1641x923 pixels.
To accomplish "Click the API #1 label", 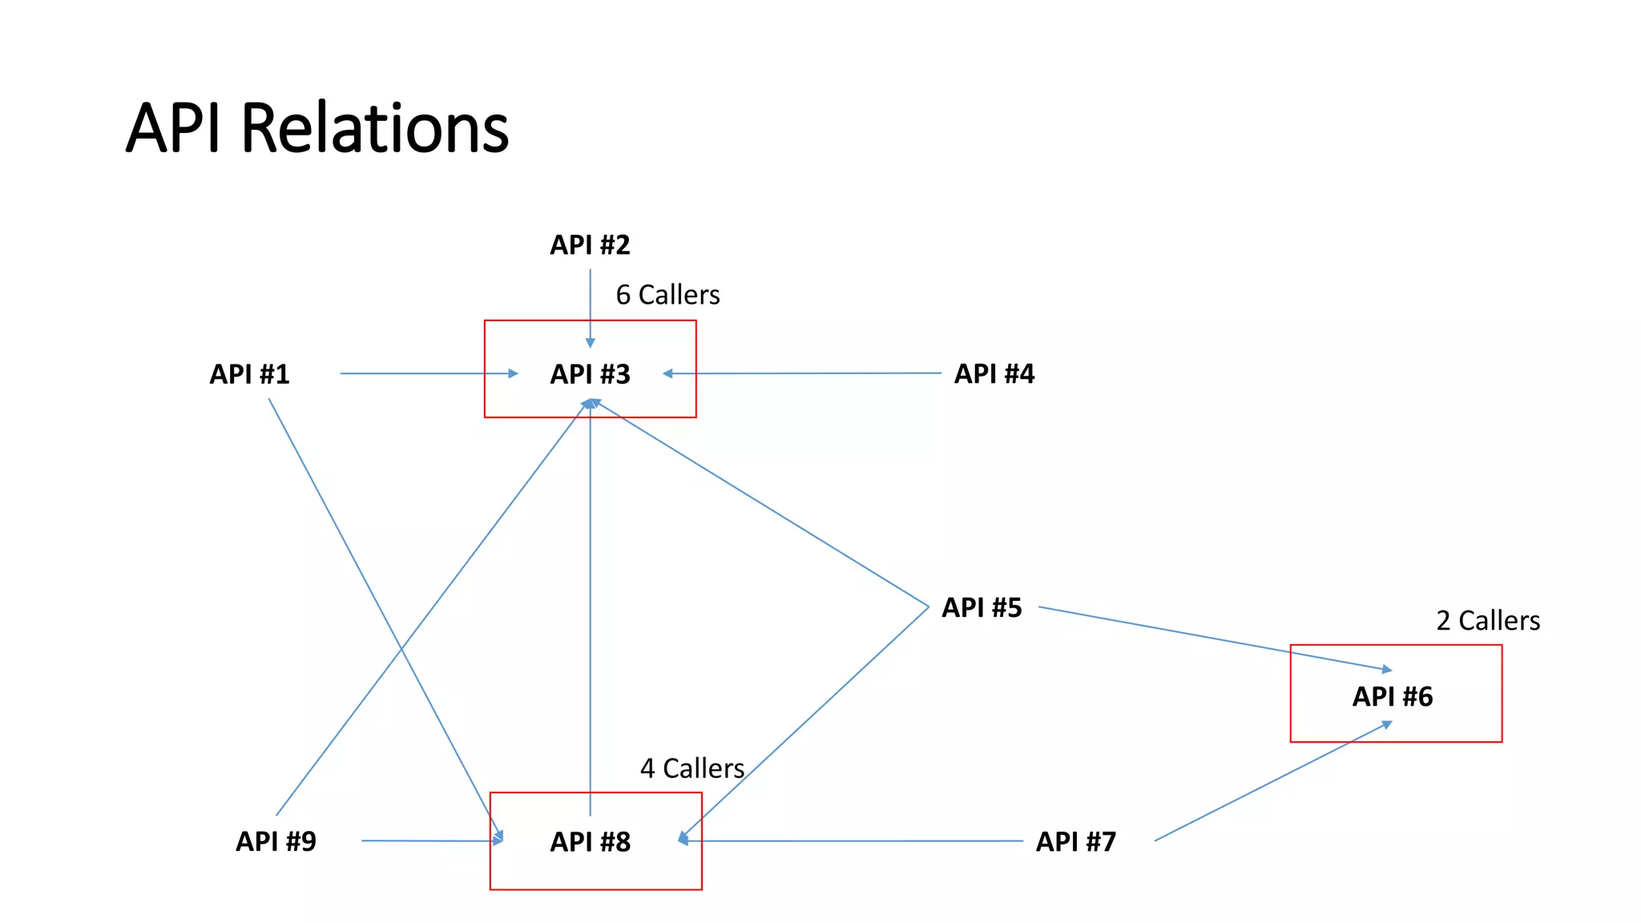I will [249, 374].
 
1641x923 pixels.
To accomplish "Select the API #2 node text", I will [590, 245].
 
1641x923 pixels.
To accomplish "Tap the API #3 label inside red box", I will [590, 374].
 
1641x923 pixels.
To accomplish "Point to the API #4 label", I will [994, 374].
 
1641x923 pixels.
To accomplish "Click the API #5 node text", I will [982, 608].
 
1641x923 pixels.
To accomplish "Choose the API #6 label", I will [1393, 697].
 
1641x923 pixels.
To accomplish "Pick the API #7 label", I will [1075, 842].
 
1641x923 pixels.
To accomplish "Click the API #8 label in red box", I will [590, 842].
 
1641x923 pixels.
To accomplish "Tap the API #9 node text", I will [276, 842].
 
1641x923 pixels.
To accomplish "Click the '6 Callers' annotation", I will [667, 296].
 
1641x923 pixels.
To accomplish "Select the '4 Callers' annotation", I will [692, 769].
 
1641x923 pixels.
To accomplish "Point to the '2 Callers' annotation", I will [1488, 621].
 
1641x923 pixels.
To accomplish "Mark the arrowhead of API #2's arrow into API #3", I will [591, 343].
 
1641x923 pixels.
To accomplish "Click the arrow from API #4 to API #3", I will [801, 373].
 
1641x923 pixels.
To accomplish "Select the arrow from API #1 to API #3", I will [425, 373].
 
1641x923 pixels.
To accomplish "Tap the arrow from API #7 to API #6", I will [1274, 782].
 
